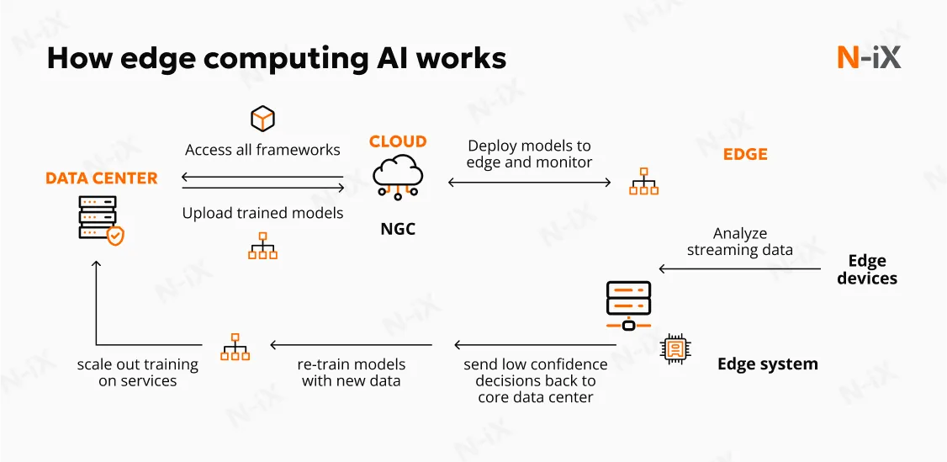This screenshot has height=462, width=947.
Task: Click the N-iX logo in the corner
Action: tap(869, 57)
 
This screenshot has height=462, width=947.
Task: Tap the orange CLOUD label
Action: tap(398, 141)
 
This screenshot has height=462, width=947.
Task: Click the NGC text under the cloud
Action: tap(398, 229)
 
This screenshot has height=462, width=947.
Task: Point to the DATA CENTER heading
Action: tap(102, 178)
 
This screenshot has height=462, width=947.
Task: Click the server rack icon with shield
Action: tap(100, 220)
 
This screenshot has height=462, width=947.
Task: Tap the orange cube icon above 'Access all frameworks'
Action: tap(263, 119)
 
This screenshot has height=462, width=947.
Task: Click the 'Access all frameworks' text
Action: tap(262, 150)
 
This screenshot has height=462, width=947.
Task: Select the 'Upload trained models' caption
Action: tap(262, 213)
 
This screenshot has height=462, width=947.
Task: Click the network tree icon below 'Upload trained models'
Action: tap(262, 246)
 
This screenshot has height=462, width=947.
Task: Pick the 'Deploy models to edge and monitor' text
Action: tap(529, 154)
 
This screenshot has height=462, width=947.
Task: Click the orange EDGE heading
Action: tap(745, 154)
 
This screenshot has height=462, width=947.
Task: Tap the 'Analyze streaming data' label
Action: tap(740, 242)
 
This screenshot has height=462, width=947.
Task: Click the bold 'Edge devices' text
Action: tap(867, 269)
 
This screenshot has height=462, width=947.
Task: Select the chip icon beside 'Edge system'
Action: tap(675, 348)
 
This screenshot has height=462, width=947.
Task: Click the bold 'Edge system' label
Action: tap(767, 364)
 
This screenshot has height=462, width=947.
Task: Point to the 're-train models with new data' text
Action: tap(352, 373)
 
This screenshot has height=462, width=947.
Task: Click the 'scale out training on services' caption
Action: tap(138, 373)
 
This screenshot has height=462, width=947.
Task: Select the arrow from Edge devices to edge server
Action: tap(740, 269)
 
